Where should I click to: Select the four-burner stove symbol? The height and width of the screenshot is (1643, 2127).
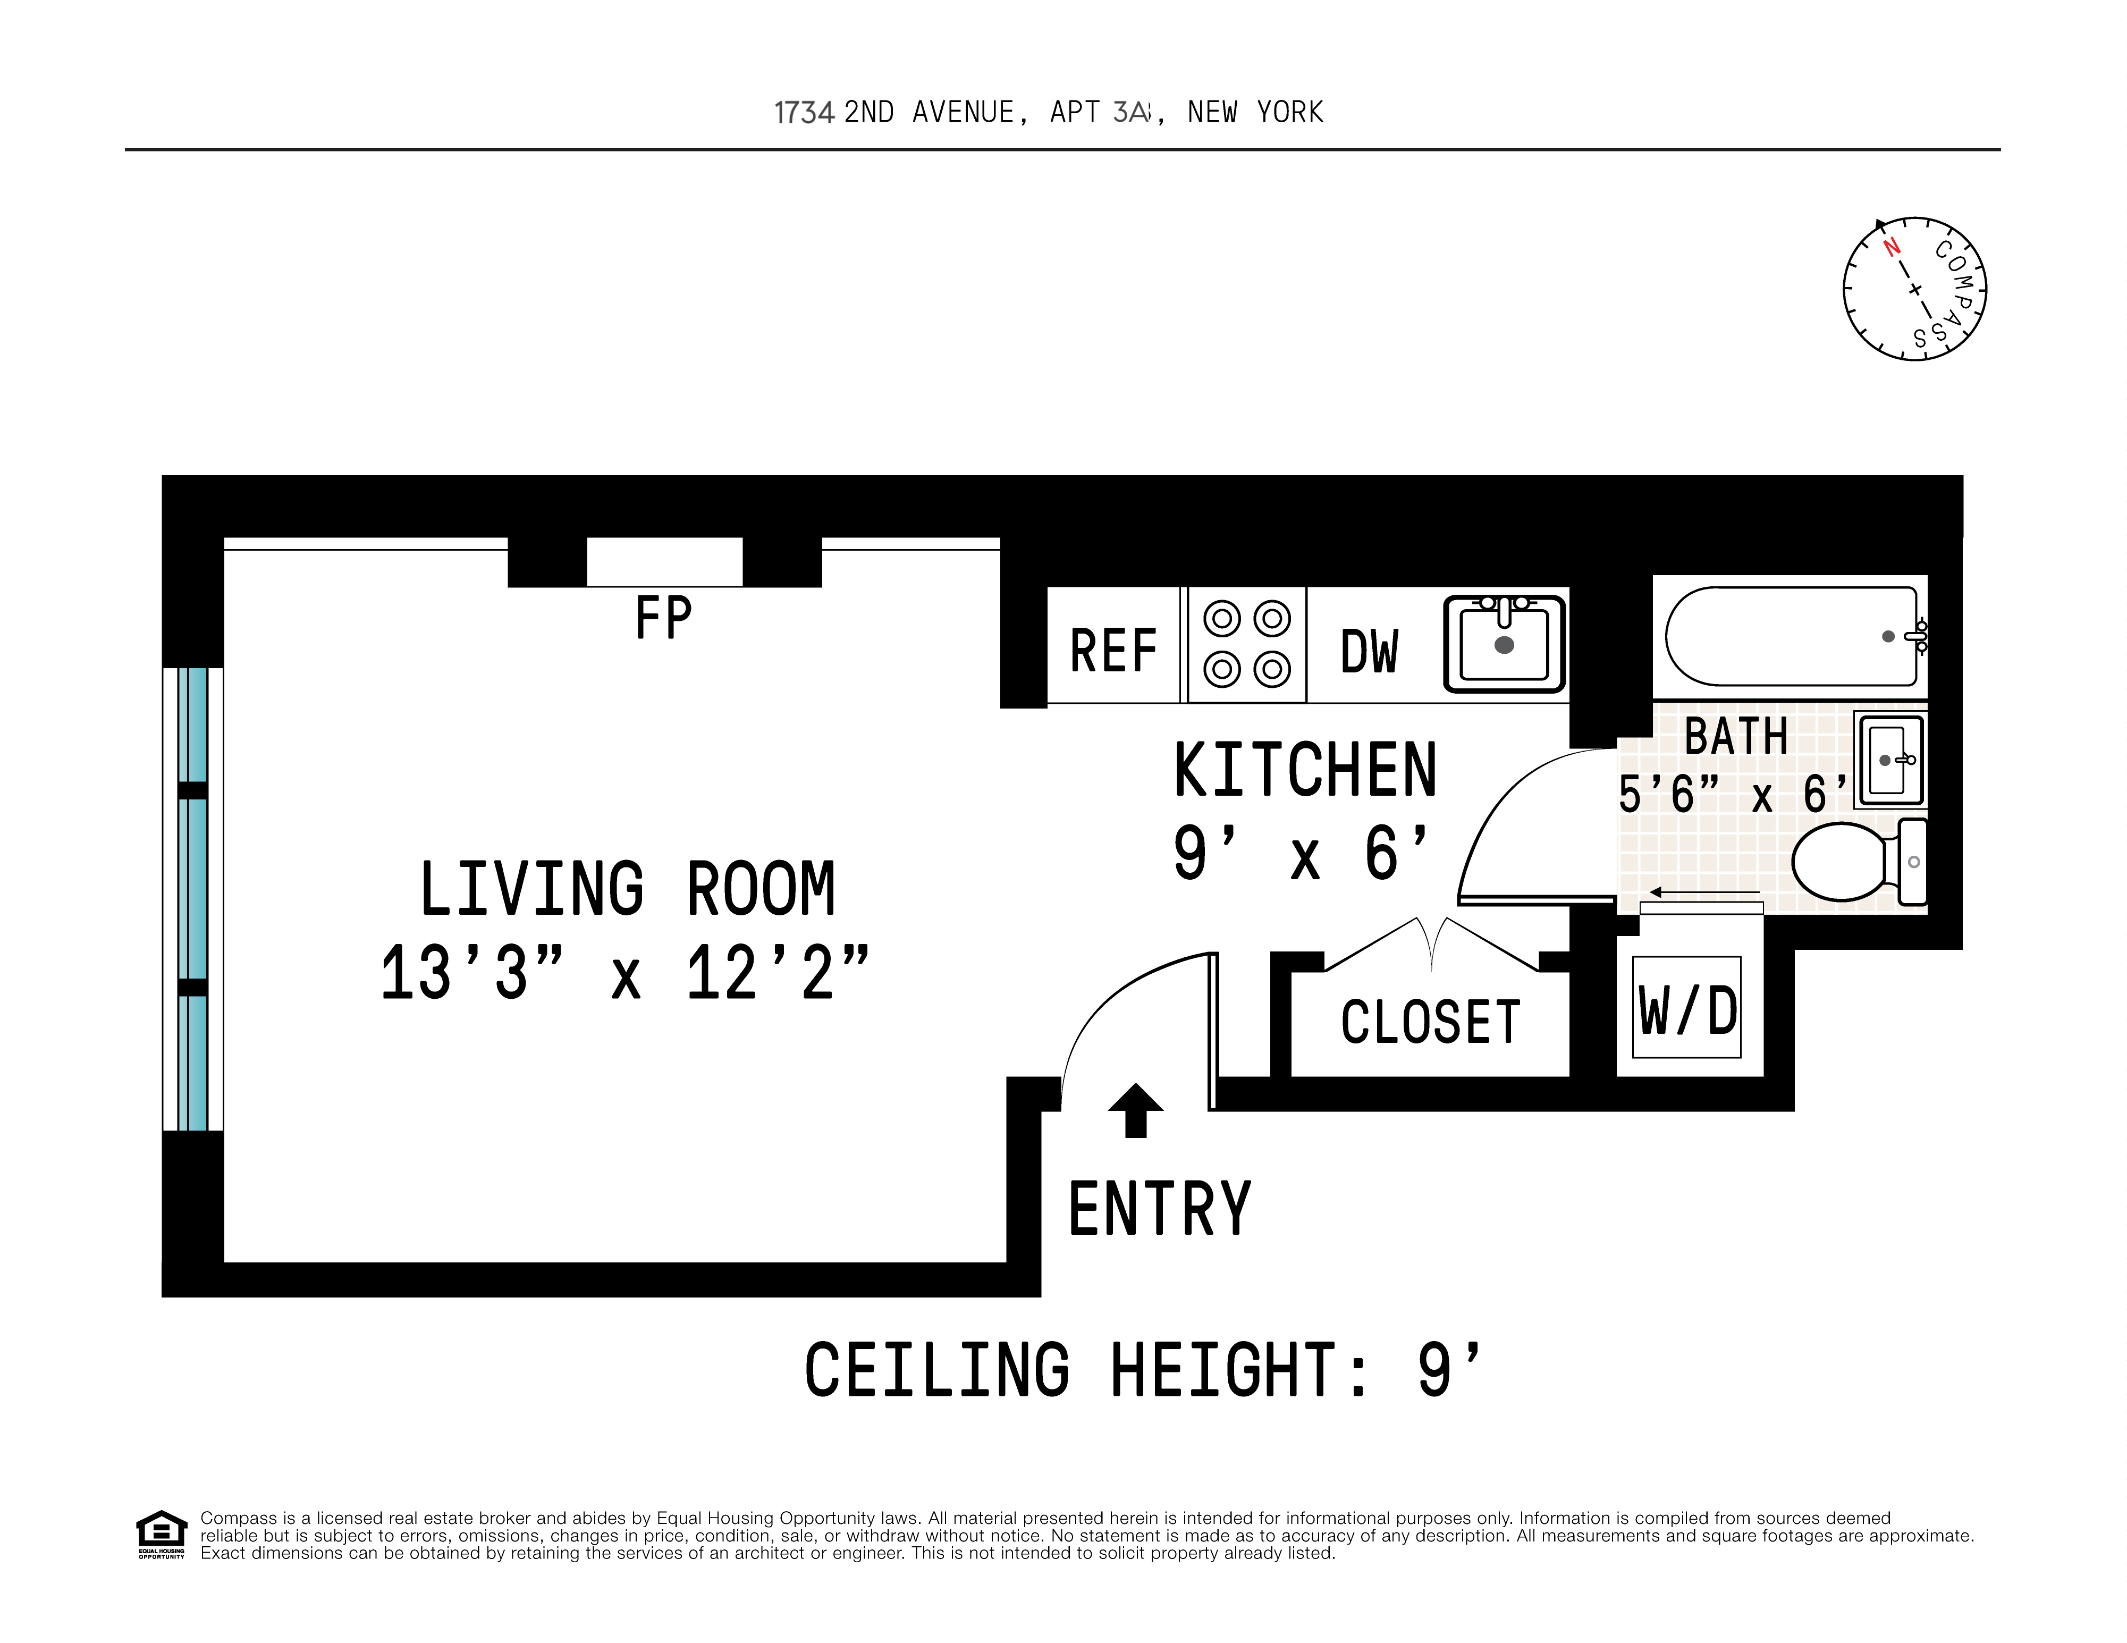(1246, 644)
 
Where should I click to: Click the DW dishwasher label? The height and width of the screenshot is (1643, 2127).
(1369, 651)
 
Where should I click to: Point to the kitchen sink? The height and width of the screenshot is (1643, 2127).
(1504, 644)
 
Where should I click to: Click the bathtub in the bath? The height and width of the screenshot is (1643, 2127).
(1790, 636)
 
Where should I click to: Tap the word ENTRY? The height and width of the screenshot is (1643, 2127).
(1159, 1209)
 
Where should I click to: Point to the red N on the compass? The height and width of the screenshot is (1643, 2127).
(1892, 247)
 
